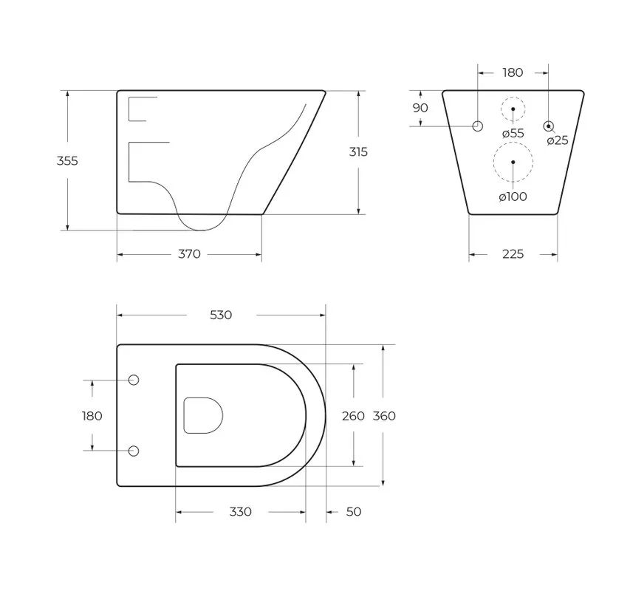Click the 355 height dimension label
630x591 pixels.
point(67,161)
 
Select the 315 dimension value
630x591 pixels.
point(358,152)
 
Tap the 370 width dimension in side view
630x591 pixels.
point(189,254)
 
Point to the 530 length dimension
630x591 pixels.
point(221,315)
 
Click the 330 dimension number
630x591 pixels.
point(240,512)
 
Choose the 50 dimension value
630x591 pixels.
point(354,512)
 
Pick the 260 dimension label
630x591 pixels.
point(353,416)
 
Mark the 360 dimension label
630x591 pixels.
point(384,416)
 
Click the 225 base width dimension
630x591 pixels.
point(513,254)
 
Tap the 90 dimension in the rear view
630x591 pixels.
point(420,108)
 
